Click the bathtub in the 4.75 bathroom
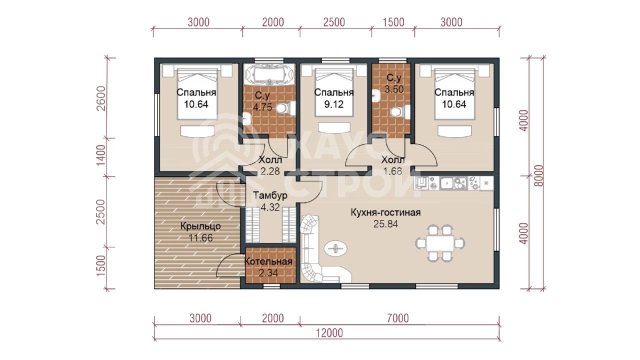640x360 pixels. (x=269, y=74)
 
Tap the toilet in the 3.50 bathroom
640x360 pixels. (x=400, y=111)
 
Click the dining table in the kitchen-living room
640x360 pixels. (x=440, y=243)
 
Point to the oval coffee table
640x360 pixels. (x=336, y=248)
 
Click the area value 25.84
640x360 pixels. (x=385, y=224)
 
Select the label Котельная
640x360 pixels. (x=268, y=261)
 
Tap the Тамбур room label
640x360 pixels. (x=270, y=195)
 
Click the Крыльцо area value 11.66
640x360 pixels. (x=201, y=237)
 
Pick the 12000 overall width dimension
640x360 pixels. (x=329, y=333)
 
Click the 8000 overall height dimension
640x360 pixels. (x=539, y=175)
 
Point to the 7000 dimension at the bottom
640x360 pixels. (x=398, y=318)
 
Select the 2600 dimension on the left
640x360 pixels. (x=101, y=98)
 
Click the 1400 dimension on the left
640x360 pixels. (x=101, y=155)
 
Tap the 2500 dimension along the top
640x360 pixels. (x=334, y=22)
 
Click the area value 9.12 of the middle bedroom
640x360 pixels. (x=333, y=104)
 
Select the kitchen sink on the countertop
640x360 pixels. (x=447, y=183)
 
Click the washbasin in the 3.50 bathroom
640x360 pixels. (x=376, y=95)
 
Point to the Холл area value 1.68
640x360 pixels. (x=392, y=171)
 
